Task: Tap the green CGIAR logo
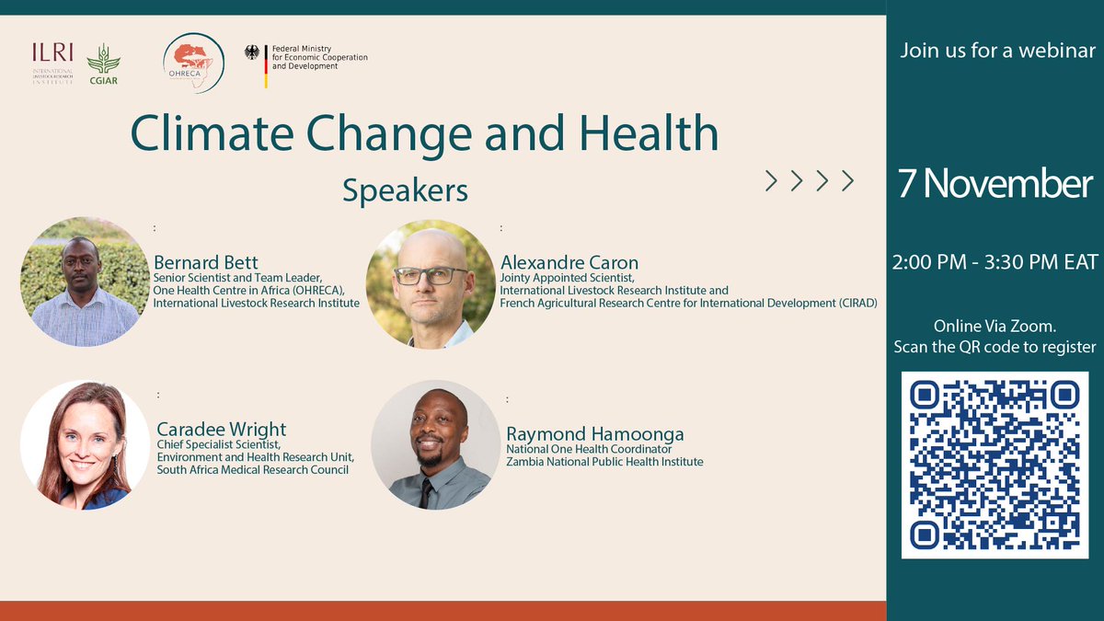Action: [103, 63]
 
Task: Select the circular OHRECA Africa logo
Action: [192, 63]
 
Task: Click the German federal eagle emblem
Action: [252, 52]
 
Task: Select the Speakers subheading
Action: [405, 190]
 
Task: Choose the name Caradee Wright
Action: [221, 429]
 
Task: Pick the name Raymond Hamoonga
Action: [594, 434]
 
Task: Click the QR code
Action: [994, 465]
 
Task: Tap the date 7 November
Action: [995, 184]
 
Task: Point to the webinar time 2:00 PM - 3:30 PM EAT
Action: [995, 262]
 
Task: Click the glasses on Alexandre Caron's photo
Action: [431, 275]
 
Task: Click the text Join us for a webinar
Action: [997, 51]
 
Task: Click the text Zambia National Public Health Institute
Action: [604, 462]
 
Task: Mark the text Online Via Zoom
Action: [994, 327]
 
